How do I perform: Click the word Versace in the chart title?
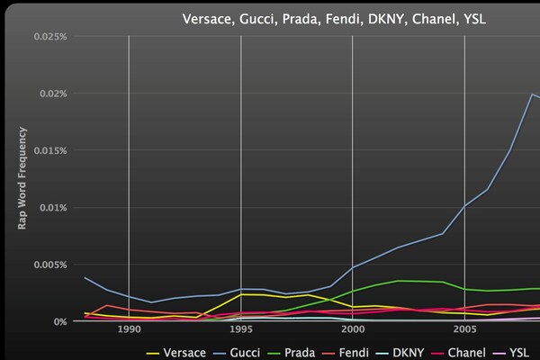209,18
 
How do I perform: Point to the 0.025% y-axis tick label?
50,37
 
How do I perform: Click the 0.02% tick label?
53,94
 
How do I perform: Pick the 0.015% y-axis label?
50,150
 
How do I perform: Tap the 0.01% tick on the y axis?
53,208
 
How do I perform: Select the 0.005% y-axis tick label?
50,265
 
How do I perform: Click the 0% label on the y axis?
58,321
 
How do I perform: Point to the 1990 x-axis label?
129,330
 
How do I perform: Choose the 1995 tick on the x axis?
240,330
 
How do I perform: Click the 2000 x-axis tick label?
352,330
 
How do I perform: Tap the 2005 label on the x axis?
463,330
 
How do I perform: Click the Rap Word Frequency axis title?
22,178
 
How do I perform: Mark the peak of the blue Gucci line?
531,94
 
